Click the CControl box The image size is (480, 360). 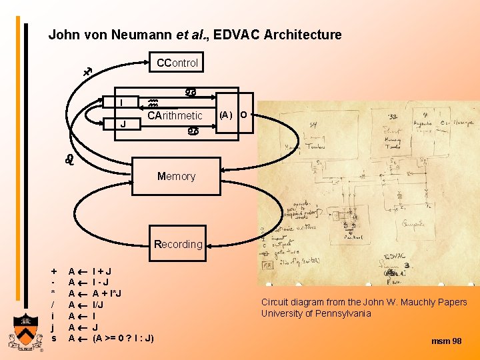(x=176, y=63)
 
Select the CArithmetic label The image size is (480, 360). (x=175, y=116)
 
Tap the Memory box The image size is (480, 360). (x=176, y=177)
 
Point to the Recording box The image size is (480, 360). (x=177, y=244)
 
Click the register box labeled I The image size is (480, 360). (x=122, y=102)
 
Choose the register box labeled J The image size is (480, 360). (x=122, y=123)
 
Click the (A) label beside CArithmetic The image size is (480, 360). (x=225, y=115)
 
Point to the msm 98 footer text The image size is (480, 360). (x=446, y=341)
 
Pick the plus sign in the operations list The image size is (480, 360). (x=54, y=271)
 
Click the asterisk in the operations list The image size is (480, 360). (x=54, y=294)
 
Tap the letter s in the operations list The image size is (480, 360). (x=54, y=338)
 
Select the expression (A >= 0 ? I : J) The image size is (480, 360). (x=123, y=338)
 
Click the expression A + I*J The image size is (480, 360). (x=107, y=294)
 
